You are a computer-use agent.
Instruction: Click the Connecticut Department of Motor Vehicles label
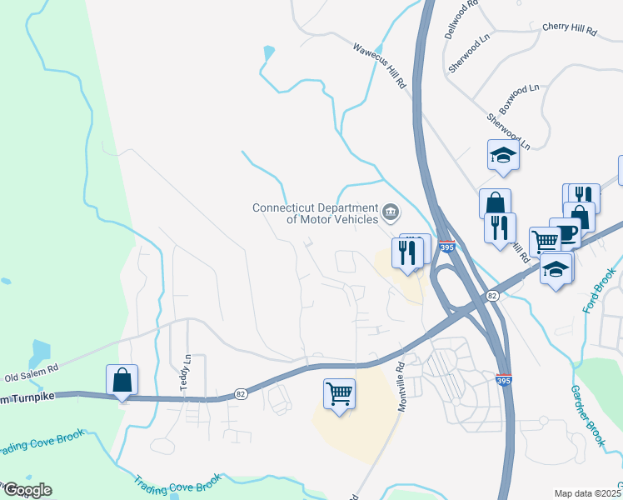pos(315,213)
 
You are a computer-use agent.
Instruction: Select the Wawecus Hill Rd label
pos(379,67)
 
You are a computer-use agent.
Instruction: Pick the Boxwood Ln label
pos(519,97)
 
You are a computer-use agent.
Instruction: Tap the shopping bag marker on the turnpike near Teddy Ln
pos(122,380)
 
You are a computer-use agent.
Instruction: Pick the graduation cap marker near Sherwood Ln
pos(503,155)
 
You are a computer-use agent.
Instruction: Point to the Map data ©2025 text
pos(586,493)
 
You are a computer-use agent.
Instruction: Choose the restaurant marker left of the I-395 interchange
pos(407,253)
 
